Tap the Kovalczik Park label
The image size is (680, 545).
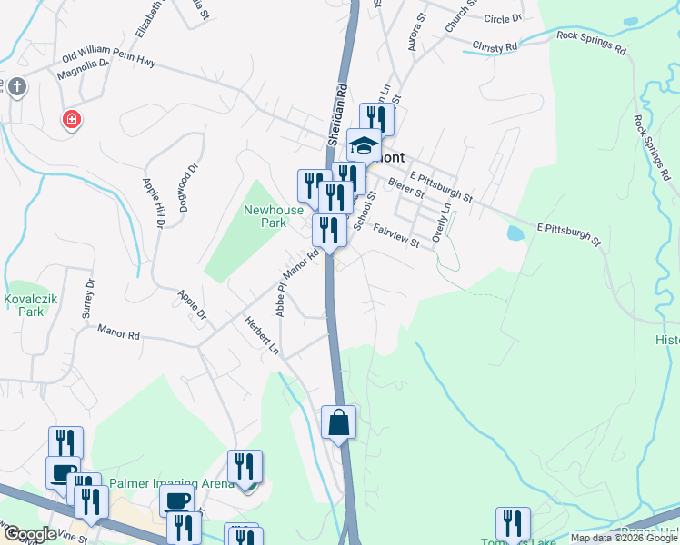pyautogui.click(x=30, y=304)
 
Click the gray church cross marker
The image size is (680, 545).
pyautogui.click(x=18, y=88)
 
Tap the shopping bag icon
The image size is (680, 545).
pyautogui.click(x=338, y=422)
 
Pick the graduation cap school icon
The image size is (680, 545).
pyautogui.click(x=364, y=145)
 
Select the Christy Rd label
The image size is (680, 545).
pyautogui.click(x=495, y=45)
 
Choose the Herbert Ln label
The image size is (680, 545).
pyautogui.click(x=260, y=335)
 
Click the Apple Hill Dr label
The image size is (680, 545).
pyautogui.click(x=151, y=202)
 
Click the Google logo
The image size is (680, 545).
pyautogui.click(x=29, y=534)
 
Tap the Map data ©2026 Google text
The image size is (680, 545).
pyautogui.click(x=623, y=538)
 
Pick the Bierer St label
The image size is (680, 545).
pyautogui.click(x=405, y=188)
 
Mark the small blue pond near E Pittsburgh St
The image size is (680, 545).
pyautogui.click(x=515, y=233)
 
